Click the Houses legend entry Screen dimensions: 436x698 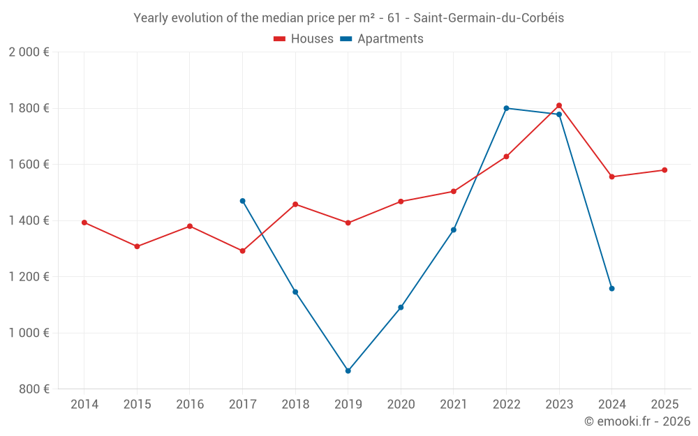304,39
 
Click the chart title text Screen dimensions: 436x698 348,18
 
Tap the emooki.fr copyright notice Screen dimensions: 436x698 637,421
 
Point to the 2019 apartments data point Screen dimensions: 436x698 348,370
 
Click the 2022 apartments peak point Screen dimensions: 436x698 506,108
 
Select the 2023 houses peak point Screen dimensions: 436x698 559,105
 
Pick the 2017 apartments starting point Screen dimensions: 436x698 242,201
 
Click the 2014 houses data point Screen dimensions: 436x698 84,223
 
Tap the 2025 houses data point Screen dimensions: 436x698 664,170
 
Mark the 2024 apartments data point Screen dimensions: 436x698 611,288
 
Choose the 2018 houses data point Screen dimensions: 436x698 295,204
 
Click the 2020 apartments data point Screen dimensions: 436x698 401,307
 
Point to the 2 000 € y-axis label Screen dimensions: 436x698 29,52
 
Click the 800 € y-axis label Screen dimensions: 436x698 33,389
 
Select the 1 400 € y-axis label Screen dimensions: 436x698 29,220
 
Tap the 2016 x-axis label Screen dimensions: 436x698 190,405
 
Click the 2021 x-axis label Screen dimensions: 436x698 454,405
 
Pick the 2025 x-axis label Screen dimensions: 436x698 664,405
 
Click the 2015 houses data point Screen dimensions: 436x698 137,246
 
